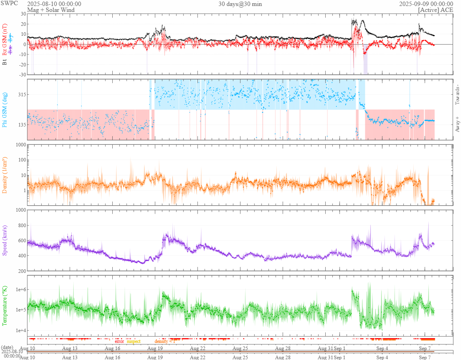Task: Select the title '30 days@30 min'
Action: point(240,4)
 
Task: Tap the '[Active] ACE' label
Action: point(436,10)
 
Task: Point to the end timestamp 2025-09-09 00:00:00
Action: point(426,4)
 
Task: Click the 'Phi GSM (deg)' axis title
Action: point(5,109)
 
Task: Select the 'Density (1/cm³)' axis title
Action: point(5,175)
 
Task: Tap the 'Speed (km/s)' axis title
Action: point(5,240)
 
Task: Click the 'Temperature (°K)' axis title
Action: point(5,306)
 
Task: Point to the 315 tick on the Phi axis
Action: point(21,94)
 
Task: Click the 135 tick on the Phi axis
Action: point(21,125)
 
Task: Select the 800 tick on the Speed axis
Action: point(21,226)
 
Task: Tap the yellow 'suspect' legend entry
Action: point(134,341)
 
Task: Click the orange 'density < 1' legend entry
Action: point(165,341)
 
